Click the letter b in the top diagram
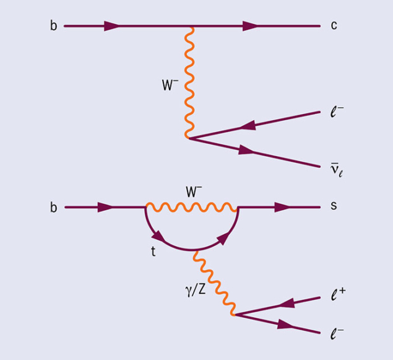point(53,27)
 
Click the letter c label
point(334,27)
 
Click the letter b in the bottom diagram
point(53,208)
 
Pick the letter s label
point(334,206)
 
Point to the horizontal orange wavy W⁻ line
point(192,207)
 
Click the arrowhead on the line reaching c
point(251,27)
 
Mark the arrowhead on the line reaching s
point(282,207)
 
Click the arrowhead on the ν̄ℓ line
point(247,151)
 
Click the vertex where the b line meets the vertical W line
point(192,27)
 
